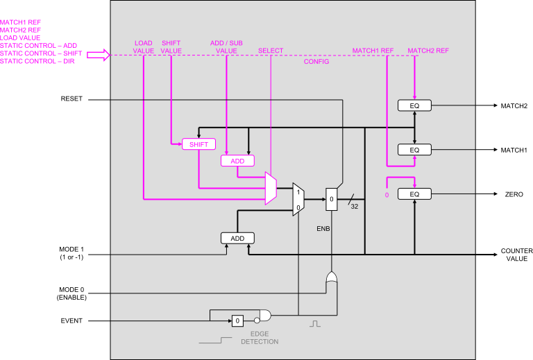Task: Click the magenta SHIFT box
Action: pos(198,144)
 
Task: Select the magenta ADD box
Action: pos(237,161)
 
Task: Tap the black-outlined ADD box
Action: pos(237,238)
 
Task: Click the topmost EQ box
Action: pos(414,105)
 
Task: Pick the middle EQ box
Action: pos(414,150)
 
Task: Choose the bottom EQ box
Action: pos(414,194)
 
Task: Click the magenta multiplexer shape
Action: pos(271,189)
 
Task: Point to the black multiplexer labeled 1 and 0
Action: pos(298,199)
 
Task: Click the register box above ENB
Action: pos(331,199)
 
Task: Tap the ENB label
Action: pos(323,228)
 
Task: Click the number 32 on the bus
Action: pos(354,206)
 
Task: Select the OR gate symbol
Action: pos(332,279)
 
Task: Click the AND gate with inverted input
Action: pos(262,314)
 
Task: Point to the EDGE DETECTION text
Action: pos(260,338)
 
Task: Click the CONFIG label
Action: pos(316,62)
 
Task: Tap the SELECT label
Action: pos(271,51)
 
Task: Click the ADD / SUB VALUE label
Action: pos(226,46)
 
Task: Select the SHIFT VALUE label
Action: pos(171,46)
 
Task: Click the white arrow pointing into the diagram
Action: pos(98,55)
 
